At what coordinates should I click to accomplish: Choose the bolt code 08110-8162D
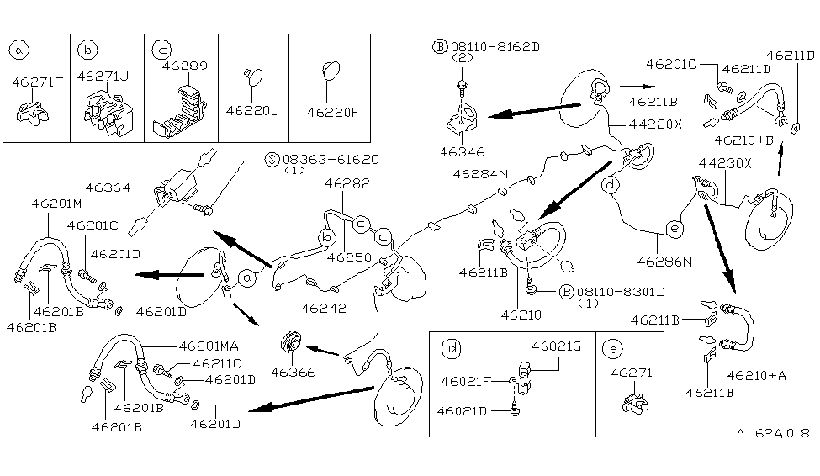coord(493,47)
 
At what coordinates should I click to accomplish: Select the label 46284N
coord(481,174)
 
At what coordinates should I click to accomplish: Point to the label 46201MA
coord(209,345)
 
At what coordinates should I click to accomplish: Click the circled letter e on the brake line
coord(673,226)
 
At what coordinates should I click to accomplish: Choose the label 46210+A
coord(757,375)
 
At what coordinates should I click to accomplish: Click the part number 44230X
coord(725,162)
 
